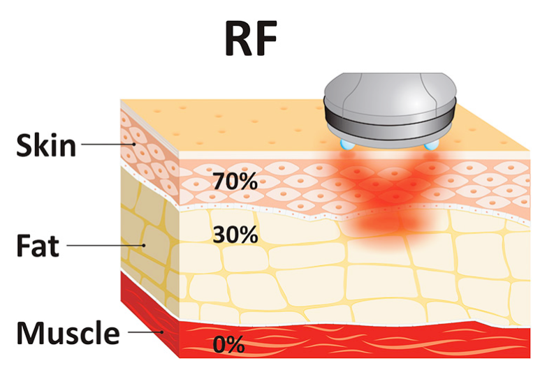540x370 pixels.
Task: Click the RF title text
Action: pos(252,39)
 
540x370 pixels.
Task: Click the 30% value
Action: pos(236,235)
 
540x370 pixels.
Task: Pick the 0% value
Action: pos(228,343)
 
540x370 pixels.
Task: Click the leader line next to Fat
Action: pos(105,245)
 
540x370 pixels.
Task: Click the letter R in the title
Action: pos(236,39)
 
